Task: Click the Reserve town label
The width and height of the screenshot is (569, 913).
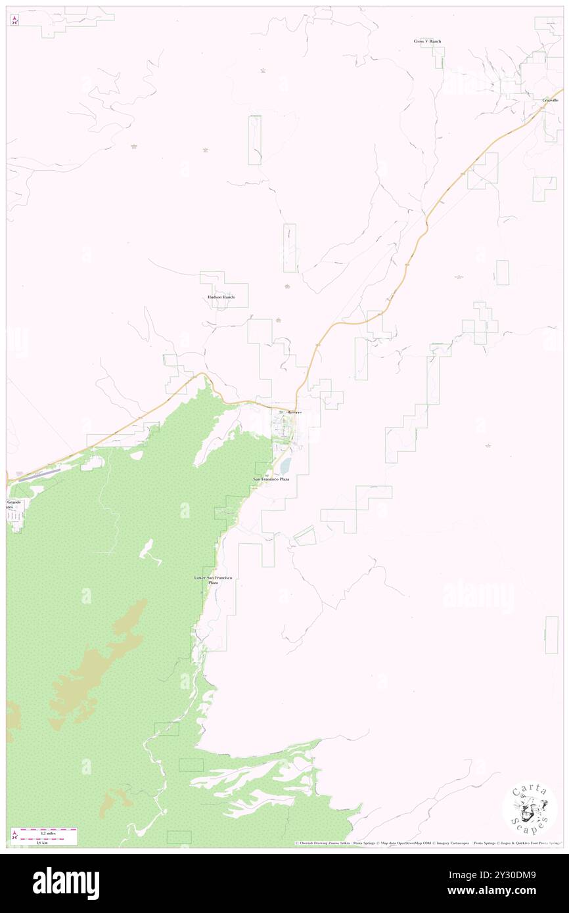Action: [294, 412]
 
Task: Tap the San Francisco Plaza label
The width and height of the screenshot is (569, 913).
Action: [271, 479]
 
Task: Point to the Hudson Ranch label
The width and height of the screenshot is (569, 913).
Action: [216, 297]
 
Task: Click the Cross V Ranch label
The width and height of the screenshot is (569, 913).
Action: [427, 41]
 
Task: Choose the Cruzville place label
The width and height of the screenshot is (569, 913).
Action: [550, 100]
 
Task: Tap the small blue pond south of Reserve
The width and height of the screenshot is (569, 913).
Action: [285, 466]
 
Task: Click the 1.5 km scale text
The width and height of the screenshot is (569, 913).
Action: [41, 843]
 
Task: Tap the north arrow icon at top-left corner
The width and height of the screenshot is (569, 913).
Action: [14, 20]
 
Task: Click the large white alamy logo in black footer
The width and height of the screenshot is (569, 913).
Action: [66, 882]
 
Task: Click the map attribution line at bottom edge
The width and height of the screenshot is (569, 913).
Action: [427, 843]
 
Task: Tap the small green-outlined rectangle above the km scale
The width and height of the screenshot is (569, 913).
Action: [179, 837]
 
